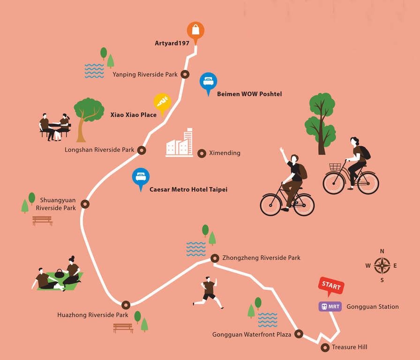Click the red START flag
[331, 285]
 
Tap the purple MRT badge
[330, 307]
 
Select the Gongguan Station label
[372, 307]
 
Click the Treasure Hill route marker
[325, 347]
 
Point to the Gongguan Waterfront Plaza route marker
[299, 334]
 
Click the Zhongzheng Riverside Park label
[261, 258]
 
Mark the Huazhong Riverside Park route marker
[126, 305]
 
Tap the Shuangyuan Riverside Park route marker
[85, 204]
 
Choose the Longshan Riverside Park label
[99, 150]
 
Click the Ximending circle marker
[202, 153]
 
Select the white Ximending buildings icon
[179, 142]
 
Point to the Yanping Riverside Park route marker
[185, 74]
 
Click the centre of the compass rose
[382, 266]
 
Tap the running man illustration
[208, 293]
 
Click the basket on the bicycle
[335, 167]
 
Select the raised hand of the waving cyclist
[282, 150]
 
